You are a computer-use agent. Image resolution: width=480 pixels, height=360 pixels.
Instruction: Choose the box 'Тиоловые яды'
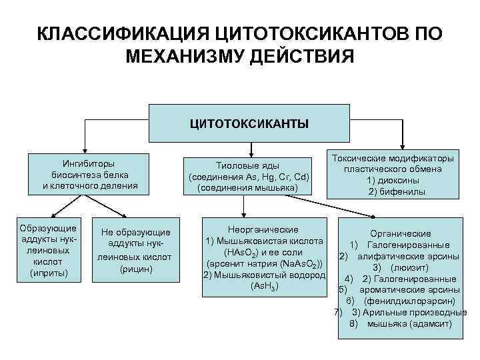click(248, 177)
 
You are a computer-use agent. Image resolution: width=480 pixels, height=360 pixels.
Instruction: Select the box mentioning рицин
click(136, 249)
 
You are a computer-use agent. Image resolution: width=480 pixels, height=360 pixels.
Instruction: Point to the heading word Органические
click(400, 233)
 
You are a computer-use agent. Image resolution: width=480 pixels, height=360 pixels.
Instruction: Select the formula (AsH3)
click(264, 286)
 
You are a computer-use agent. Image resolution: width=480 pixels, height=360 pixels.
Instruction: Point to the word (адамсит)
click(427, 324)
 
